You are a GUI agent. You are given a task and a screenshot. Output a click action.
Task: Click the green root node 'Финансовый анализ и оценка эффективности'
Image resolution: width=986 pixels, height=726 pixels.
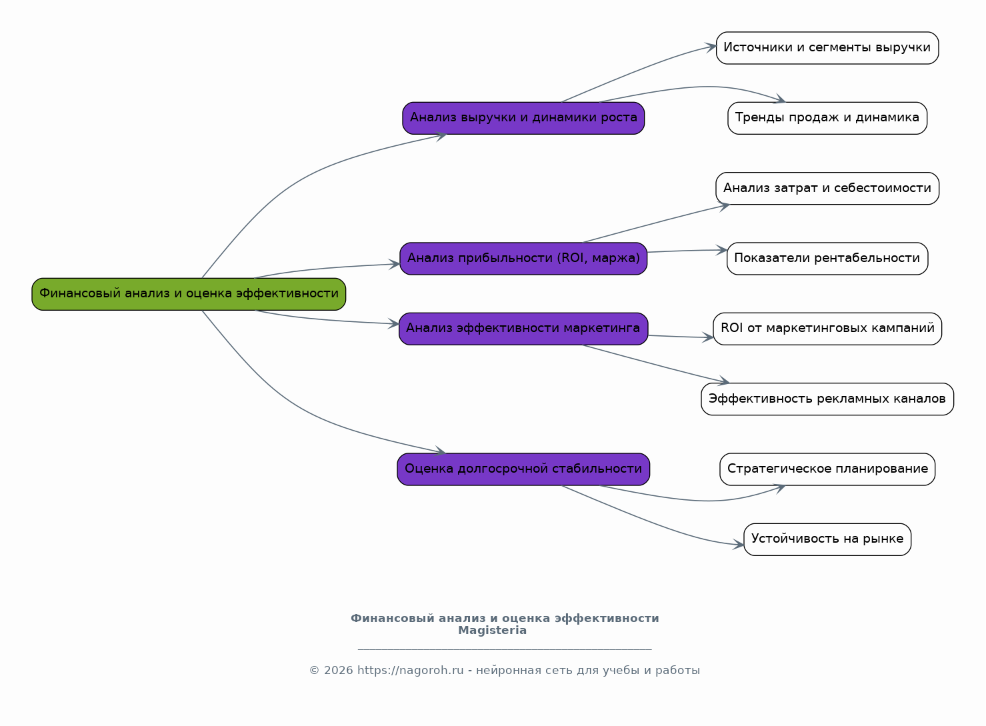(189, 294)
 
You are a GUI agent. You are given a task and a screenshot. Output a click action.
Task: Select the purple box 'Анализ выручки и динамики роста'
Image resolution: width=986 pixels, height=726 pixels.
(523, 118)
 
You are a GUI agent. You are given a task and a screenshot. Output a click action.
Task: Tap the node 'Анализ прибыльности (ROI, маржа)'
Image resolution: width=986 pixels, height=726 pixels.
(523, 259)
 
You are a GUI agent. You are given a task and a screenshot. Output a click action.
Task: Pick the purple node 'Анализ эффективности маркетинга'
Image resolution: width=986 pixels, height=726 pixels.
(523, 329)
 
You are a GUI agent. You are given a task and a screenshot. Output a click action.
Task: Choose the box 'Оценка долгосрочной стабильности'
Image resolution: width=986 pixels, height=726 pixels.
(523, 469)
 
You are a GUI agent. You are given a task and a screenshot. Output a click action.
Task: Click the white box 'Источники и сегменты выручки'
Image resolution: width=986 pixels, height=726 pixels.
(827, 48)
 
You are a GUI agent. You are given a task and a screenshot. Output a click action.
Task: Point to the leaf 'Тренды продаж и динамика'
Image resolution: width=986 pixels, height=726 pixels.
(827, 118)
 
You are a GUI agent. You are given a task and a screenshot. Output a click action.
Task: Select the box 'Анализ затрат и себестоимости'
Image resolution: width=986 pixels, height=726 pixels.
(827, 189)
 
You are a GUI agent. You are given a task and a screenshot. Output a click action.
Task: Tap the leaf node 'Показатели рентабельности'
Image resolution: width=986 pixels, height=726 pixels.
(827, 259)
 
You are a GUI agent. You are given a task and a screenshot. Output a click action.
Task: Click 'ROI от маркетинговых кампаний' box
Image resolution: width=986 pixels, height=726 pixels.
(827, 329)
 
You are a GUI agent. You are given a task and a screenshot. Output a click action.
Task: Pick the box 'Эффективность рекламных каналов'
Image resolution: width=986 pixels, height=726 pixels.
(827, 399)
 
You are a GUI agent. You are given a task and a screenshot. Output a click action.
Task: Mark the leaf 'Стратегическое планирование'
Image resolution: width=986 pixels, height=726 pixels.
(827, 469)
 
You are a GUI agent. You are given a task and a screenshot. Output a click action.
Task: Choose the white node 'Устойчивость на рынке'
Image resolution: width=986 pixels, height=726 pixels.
(827, 539)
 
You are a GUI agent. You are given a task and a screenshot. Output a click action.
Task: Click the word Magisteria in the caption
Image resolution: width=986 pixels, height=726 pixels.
(492, 631)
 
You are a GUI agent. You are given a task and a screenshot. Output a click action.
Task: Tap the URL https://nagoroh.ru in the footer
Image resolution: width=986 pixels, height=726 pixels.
(410, 671)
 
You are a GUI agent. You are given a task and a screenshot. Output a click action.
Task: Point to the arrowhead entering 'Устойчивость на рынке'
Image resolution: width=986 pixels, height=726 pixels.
(739, 545)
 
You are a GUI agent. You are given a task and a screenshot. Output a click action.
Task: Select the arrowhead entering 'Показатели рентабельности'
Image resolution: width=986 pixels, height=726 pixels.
(722, 250)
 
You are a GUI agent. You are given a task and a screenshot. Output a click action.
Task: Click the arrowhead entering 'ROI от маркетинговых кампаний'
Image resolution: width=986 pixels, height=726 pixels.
(709, 338)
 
